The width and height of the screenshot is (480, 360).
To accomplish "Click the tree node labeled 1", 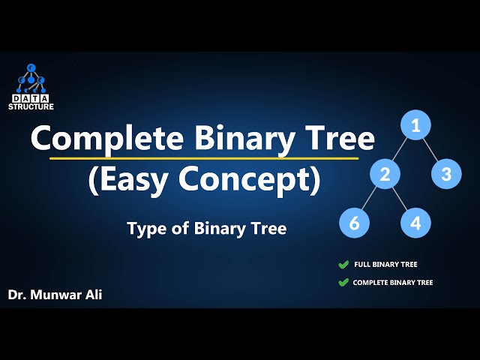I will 415,124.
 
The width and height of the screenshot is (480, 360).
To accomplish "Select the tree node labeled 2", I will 385,175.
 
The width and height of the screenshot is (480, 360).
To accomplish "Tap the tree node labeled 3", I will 446,175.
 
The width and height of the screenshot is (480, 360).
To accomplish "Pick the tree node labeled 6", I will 354,223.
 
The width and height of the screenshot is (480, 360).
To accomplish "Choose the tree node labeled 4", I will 415,223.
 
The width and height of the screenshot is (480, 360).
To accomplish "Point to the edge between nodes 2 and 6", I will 370,199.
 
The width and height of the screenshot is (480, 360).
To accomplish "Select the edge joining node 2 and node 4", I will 400,199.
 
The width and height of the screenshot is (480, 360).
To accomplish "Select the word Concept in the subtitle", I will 257,180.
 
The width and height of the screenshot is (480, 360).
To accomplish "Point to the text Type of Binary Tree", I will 207,229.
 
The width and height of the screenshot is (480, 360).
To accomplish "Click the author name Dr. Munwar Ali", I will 55,295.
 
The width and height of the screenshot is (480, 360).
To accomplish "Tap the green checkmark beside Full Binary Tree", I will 343,265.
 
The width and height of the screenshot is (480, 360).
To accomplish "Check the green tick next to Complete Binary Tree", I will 343,283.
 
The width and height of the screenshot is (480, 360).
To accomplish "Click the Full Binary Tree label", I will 385,265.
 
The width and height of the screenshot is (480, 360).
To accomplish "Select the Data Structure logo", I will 32,87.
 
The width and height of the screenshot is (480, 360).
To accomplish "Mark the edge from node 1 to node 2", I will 400,149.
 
